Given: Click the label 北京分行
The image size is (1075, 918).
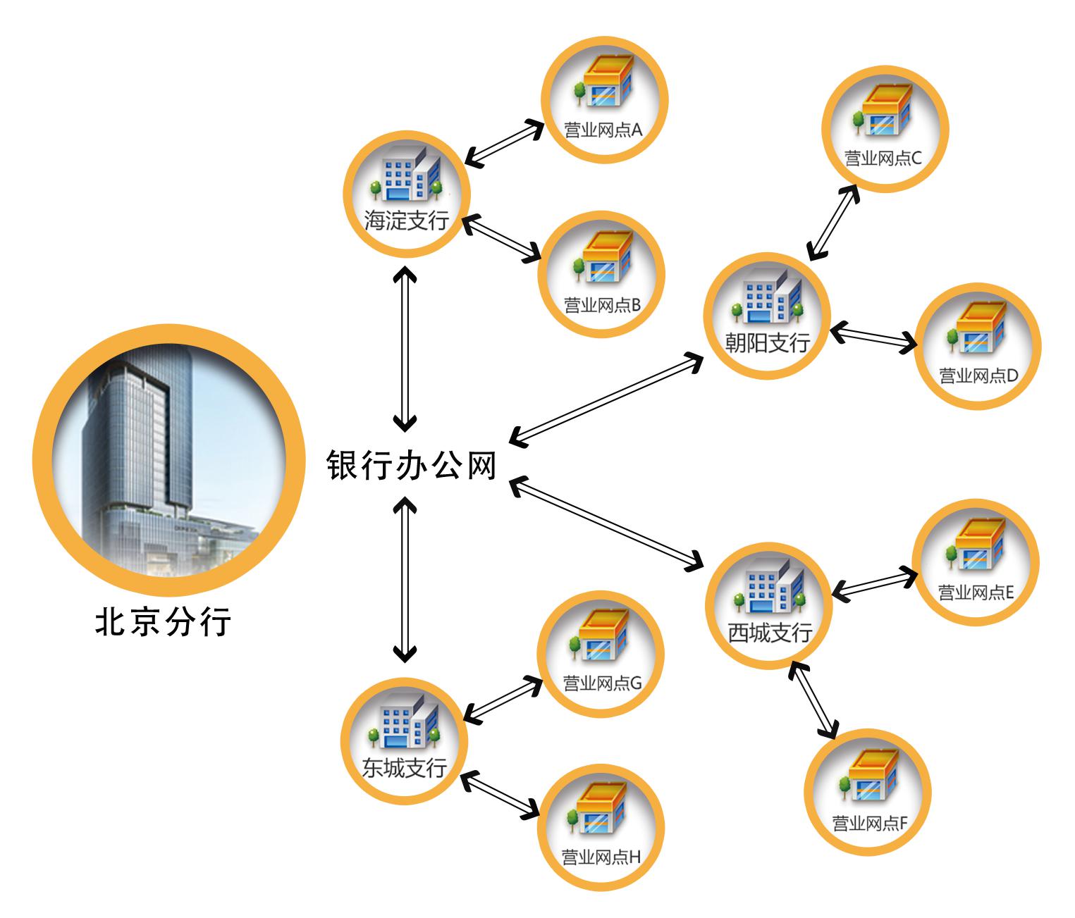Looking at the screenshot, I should point(163,622).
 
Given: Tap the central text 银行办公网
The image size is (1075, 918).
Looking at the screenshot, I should point(412,466).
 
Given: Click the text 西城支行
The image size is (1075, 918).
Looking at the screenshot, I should point(770,632).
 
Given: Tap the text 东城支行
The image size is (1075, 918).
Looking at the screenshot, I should point(404,767).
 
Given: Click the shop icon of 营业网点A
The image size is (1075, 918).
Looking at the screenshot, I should point(603,85).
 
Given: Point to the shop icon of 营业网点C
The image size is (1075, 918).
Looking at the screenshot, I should point(884,111).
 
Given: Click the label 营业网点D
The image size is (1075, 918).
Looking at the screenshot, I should point(978,376).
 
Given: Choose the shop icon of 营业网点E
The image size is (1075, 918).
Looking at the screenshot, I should point(976,547).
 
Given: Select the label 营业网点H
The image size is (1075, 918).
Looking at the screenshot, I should point(601,857).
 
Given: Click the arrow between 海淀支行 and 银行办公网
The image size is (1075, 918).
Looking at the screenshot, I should point(405,349).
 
